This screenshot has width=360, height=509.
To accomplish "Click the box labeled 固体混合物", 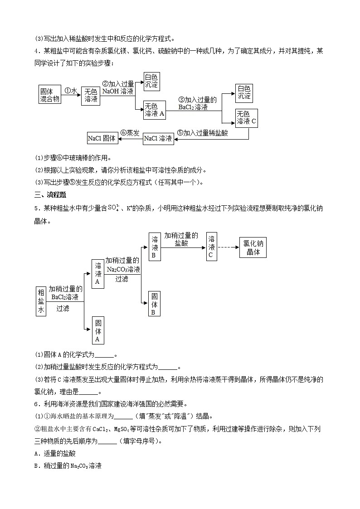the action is [49, 96].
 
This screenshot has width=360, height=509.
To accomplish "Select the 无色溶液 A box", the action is [155, 110].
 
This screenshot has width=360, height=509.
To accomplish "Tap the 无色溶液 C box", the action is [246, 117].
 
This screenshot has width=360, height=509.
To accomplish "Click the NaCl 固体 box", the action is [102, 138].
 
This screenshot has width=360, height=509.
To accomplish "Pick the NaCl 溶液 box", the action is [158, 138].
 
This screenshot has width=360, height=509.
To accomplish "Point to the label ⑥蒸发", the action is [130, 133].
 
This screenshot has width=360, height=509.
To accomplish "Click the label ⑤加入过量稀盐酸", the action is [202, 133].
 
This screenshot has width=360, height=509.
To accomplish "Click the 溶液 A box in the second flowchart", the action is [97, 274].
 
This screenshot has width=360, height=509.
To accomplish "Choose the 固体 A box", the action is [97, 331].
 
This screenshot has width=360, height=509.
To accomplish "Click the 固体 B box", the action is [154, 304].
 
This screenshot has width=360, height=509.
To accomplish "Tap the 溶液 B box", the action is [155, 247].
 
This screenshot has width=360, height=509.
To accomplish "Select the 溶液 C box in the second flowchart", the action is [211, 247].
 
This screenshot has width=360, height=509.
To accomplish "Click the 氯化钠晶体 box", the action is [253, 247].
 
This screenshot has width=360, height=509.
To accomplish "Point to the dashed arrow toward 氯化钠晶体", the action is [229, 247].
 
